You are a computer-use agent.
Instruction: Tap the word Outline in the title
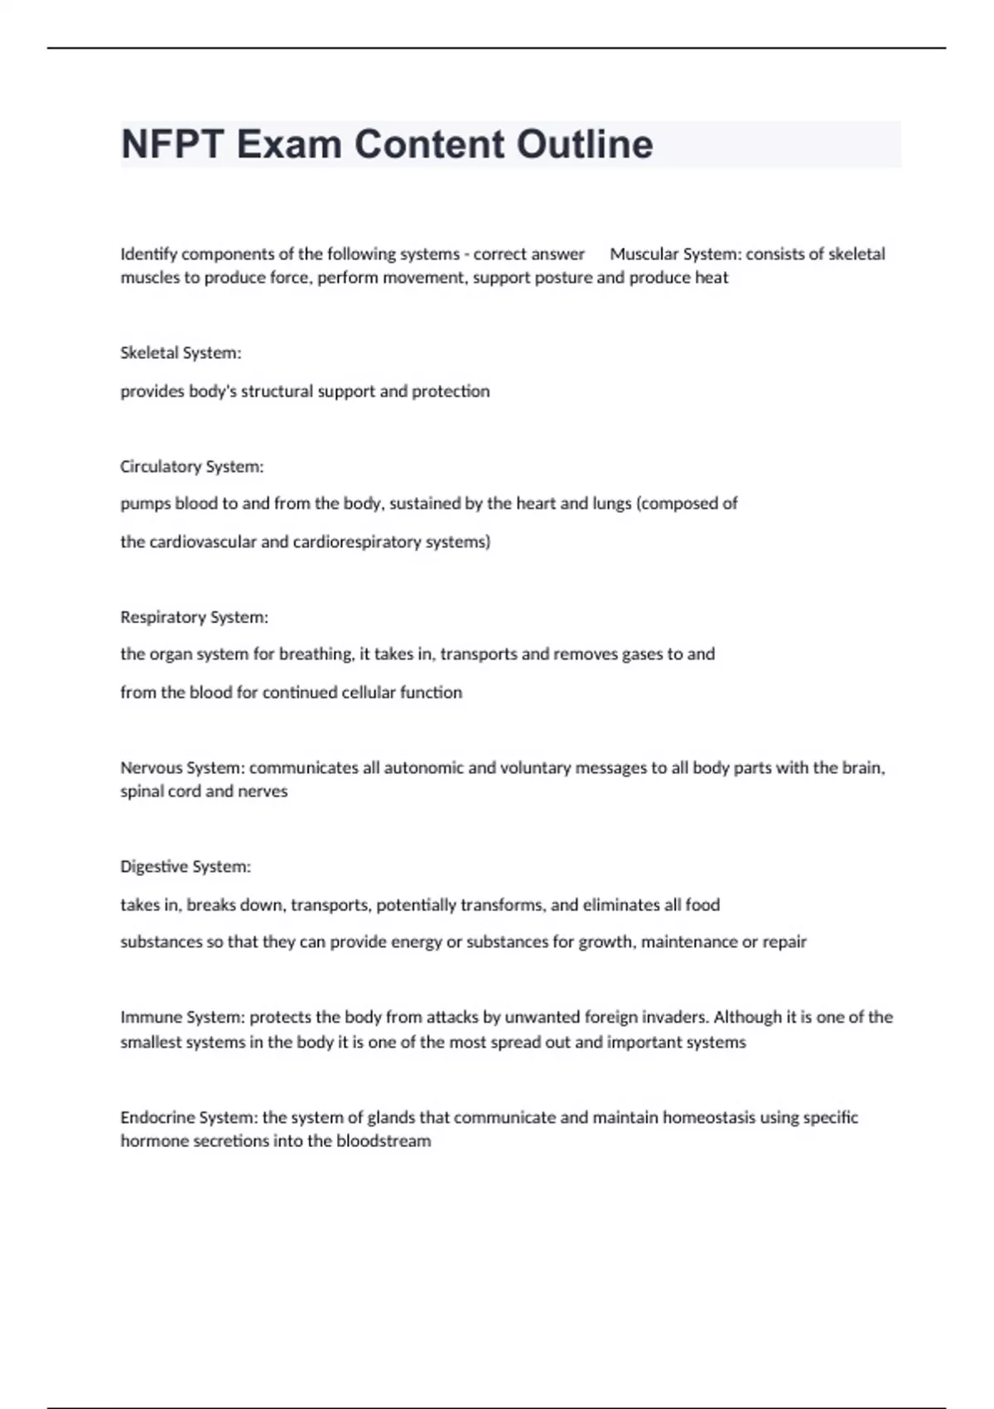click(585, 144)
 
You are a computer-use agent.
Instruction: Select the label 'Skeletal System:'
click(181, 353)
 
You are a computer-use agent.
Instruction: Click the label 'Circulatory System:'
click(191, 467)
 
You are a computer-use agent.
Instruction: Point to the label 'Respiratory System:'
click(194, 617)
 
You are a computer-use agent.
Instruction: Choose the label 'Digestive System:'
click(185, 867)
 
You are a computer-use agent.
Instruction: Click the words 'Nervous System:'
click(182, 768)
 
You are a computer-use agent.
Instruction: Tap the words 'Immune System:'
click(182, 1017)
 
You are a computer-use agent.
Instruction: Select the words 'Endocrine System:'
click(189, 1117)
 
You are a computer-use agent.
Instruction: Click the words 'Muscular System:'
click(675, 254)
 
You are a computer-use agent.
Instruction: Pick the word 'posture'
click(566, 278)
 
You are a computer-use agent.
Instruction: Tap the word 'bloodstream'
click(384, 1141)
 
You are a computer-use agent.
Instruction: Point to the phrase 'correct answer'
click(528, 254)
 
